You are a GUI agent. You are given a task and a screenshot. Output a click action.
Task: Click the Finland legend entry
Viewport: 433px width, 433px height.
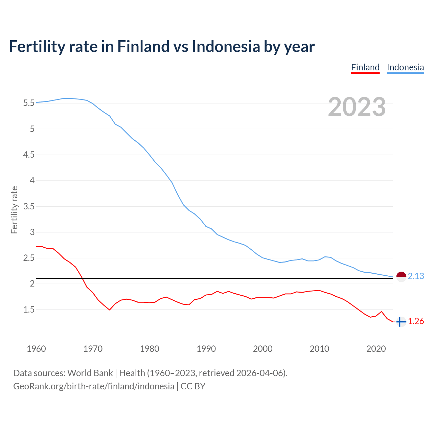pyautogui.click(x=365, y=67)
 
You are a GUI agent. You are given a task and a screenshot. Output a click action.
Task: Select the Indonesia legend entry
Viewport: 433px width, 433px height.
pyautogui.click(x=405, y=67)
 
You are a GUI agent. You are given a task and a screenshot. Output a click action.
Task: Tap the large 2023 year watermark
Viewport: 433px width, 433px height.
pyautogui.click(x=357, y=107)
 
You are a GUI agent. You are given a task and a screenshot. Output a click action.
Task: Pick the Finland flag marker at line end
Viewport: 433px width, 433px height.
pyautogui.click(x=401, y=322)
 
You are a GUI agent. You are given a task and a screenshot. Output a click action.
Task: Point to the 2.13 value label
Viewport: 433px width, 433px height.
pyautogui.click(x=416, y=276)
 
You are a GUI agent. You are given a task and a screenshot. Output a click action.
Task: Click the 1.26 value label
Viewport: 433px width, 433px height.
pyautogui.click(x=416, y=321)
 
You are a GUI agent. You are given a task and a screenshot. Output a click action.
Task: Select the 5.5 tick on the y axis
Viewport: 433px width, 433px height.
pyautogui.click(x=29, y=103)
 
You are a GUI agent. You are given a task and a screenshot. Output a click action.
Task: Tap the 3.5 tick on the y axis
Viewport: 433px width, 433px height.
pyautogui.click(x=29, y=206)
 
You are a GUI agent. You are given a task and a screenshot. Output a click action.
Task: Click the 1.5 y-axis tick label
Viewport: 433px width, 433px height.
pyautogui.click(x=29, y=310)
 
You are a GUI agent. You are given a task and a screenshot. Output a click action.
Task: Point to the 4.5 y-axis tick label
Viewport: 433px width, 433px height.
pyautogui.click(x=29, y=155)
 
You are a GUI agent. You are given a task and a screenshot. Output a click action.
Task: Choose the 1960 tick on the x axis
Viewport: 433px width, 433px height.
pyautogui.click(x=36, y=349)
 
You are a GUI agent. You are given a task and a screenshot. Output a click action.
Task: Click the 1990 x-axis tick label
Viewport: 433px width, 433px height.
pyautogui.click(x=206, y=349)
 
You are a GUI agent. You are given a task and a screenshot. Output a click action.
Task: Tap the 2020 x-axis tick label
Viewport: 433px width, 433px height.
pyautogui.click(x=376, y=349)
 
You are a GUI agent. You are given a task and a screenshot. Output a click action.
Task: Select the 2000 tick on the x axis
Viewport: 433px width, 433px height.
pyautogui.click(x=263, y=349)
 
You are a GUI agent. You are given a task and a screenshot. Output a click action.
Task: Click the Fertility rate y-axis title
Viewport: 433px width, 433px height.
pyautogui.click(x=14, y=210)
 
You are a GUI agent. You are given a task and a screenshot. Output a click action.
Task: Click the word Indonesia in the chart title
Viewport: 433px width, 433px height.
pyautogui.click(x=226, y=46)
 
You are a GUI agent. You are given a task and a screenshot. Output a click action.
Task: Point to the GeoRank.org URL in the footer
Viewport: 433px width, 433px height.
pyautogui.click(x=94, y=386)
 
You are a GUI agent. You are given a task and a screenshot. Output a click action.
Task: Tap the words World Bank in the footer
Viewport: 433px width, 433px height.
pyautogui.click(x=90, y=373)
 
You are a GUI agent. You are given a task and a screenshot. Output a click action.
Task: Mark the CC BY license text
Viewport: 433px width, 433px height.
pyautogui.click(x=193, y=386)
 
